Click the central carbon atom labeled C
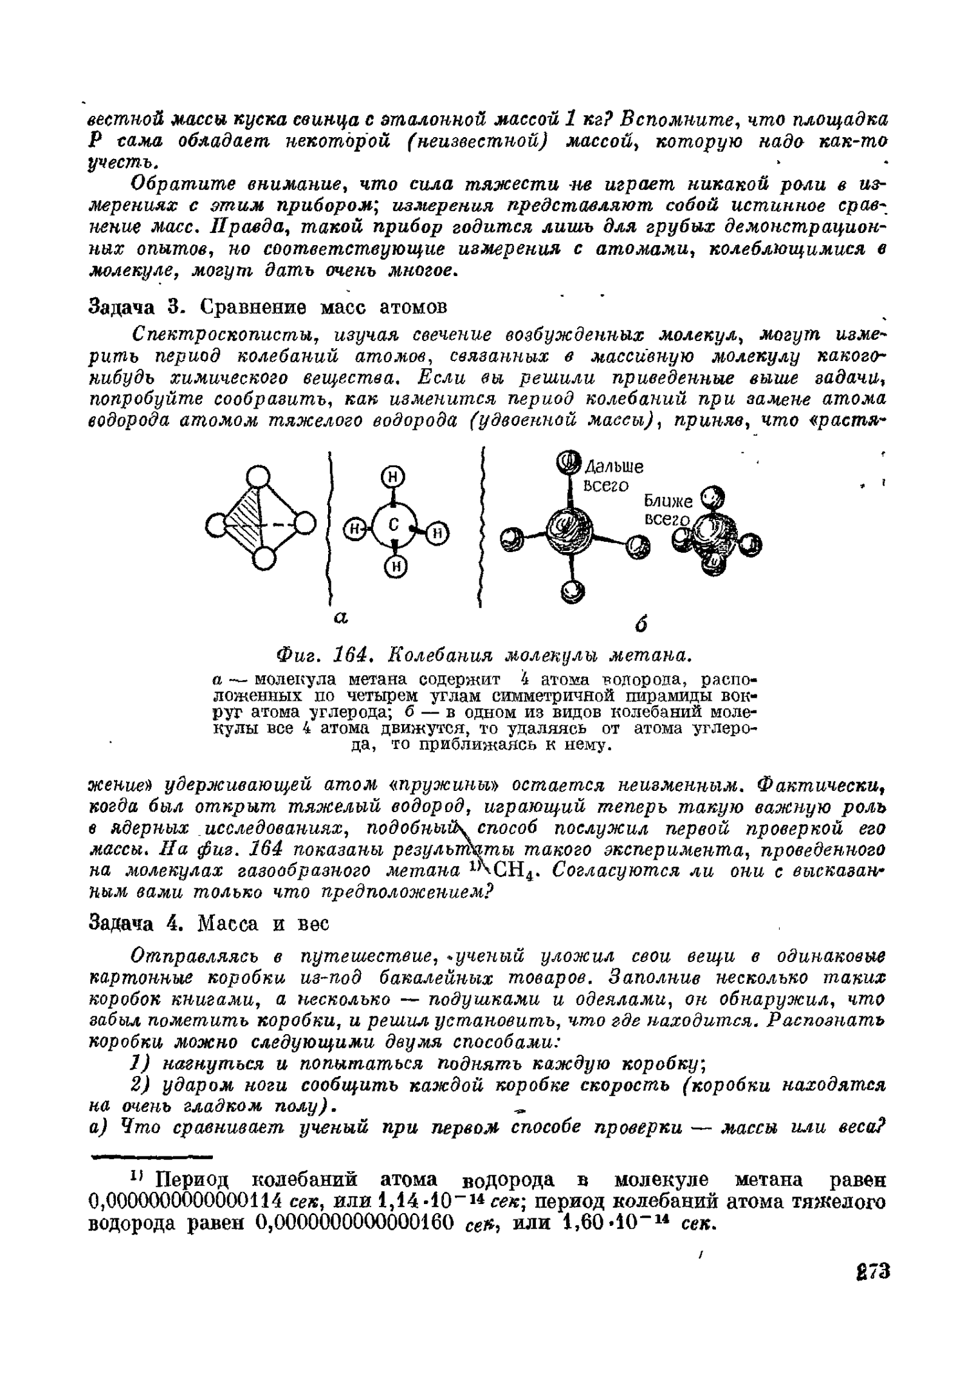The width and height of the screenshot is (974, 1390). point(394,525)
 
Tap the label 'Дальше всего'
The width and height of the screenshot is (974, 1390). point(609,476)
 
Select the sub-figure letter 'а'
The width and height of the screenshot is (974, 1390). point(340,618)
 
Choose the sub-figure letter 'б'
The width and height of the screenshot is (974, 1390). point(639,624)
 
